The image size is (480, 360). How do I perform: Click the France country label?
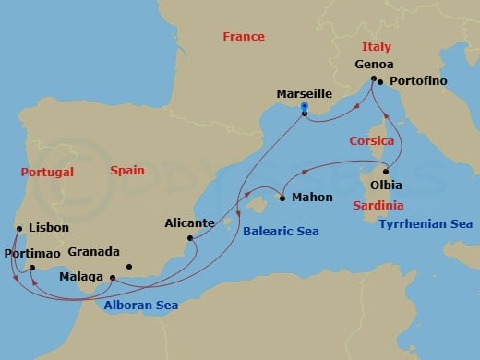coord(244,37)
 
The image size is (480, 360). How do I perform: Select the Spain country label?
coord(127,171)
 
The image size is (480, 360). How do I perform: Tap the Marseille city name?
coord(305,93)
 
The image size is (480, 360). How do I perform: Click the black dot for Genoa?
coord(374,80)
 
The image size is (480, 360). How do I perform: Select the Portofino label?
coord(421,81)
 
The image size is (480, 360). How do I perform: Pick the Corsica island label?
coord(372,141)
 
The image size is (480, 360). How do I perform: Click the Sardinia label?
coord(378,205)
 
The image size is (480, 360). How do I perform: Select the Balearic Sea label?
coord(281,232)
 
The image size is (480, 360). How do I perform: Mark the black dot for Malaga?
coord(113,277)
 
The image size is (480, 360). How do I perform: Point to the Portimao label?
coord(33,252)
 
